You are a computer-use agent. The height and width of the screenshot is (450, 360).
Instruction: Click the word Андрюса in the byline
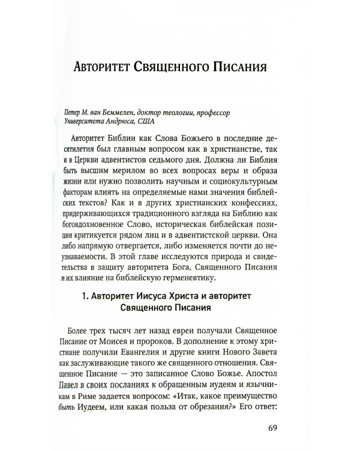120,121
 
